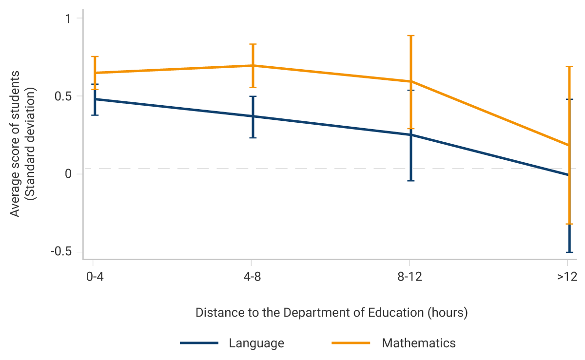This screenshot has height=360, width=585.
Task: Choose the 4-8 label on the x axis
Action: point(251,277)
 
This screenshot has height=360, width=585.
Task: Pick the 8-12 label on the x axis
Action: point(409,277)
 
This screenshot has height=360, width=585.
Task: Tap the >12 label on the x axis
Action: point(567,277)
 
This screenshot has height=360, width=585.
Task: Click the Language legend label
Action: point(256,343)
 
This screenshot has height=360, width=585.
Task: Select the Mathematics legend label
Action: point(419,343)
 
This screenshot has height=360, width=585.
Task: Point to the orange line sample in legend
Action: point(351,343)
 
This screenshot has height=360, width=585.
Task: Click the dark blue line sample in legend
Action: point(199,343)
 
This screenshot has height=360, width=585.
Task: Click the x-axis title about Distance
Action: point(331,312)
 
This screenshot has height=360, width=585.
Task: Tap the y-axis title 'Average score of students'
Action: point(16,144)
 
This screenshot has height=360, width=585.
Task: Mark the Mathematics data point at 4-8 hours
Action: point(253,65)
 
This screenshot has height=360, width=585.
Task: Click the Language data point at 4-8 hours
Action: point(253,116)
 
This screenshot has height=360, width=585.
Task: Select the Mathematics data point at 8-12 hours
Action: point(411,81)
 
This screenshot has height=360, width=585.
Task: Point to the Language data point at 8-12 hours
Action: point(411,134)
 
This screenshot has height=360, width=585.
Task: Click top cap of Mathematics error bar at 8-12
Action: point(411,36)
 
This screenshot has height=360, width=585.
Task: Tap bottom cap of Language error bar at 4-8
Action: point(253,138)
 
